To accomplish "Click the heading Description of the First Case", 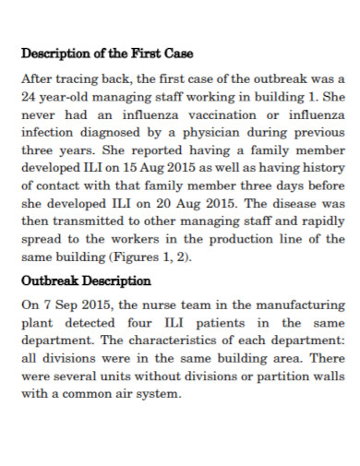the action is [106, 53].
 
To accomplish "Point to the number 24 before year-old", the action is [29, 95].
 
